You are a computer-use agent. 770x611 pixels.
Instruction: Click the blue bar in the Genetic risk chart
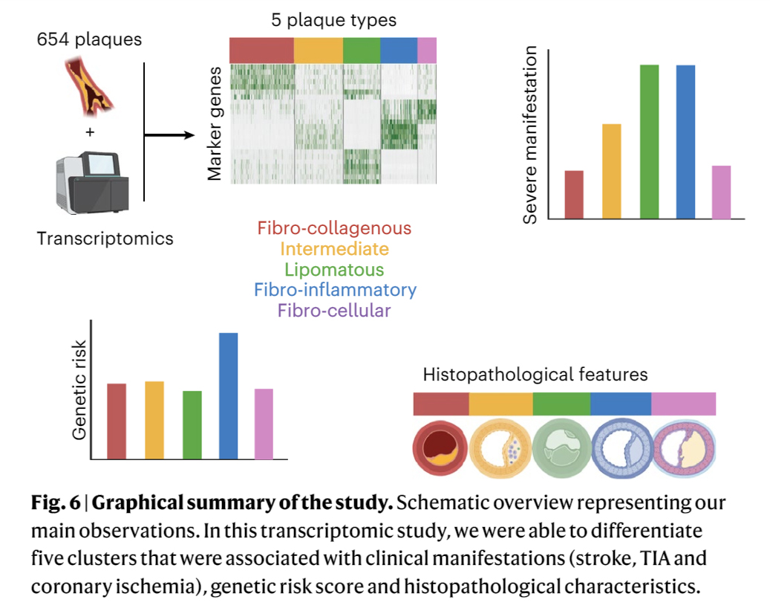click(x=228, y=395)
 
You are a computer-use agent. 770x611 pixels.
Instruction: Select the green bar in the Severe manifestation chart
click(x=650, y=142)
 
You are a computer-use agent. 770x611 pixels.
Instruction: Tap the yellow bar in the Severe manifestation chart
click(x=612, y=171)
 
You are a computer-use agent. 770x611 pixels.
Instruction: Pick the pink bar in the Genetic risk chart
click(x=264, y=423)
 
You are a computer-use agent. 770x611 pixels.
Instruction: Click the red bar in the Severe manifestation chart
click(x=574, y=195)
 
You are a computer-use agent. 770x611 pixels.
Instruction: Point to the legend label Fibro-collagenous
click(x=334, y=227)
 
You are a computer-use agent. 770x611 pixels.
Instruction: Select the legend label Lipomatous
click(x=334, y=269)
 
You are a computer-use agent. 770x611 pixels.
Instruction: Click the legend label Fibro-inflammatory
click(x=335, y=290)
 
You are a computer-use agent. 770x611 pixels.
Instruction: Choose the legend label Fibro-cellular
click(x=334, y=311)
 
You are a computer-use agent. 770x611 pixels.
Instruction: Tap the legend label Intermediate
click(x=334, y=248)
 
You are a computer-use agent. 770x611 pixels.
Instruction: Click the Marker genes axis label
click(x=215, y=123)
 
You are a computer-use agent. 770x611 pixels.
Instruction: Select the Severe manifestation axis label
click(x=530, y=135)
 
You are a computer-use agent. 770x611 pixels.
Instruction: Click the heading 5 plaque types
click(x=332, y=19)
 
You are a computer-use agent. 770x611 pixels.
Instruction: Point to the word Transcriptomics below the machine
click(x=105, y=239)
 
